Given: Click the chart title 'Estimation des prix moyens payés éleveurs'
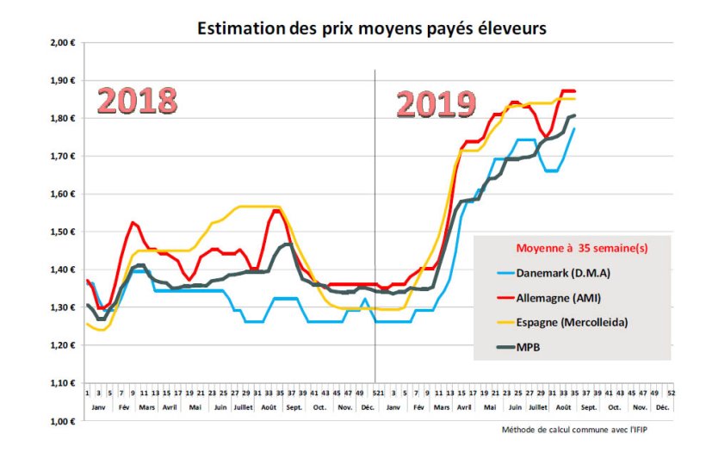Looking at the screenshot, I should [371, 28].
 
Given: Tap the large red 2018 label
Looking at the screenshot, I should [137, 100].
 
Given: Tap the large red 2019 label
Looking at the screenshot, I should [436, 104].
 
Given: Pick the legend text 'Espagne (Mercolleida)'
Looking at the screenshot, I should [582, 322].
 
